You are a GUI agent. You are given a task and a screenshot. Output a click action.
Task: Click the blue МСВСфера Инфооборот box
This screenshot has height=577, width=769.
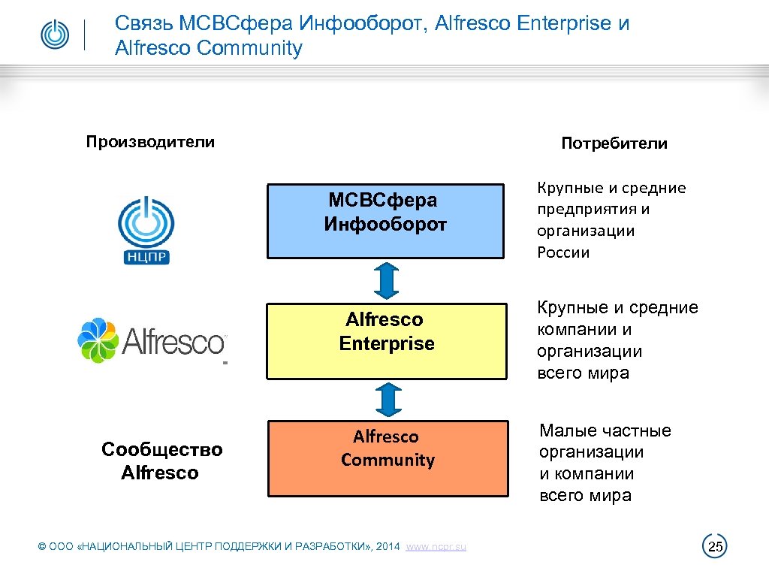(385, 222)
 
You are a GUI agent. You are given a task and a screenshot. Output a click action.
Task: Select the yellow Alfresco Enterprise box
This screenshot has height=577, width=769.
(386, 340)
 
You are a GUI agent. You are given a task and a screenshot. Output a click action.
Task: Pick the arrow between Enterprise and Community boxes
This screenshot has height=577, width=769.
(387, 399)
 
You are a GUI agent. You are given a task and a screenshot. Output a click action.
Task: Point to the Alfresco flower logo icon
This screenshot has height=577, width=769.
(98, 340)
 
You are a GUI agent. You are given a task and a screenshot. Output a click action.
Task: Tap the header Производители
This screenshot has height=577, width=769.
(150, 142)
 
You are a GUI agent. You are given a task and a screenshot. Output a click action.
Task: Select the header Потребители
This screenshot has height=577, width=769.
(614, 143)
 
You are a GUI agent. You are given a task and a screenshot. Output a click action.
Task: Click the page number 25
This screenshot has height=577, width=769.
(715, 547)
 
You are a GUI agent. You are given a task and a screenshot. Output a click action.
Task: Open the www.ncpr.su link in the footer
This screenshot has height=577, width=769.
(436, 547)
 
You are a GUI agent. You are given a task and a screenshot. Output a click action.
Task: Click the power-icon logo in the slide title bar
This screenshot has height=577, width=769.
(54, 35)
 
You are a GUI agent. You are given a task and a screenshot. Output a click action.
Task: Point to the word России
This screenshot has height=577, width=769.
(563, 252)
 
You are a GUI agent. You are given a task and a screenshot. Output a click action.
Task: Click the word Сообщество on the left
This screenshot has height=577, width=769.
(162, 449)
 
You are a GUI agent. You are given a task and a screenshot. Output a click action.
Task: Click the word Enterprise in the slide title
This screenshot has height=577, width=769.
(564, 23)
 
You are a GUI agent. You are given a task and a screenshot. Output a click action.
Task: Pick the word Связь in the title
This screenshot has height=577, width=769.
(140, 23)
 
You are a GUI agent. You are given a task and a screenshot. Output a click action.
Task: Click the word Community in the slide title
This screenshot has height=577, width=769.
(249, 49)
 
